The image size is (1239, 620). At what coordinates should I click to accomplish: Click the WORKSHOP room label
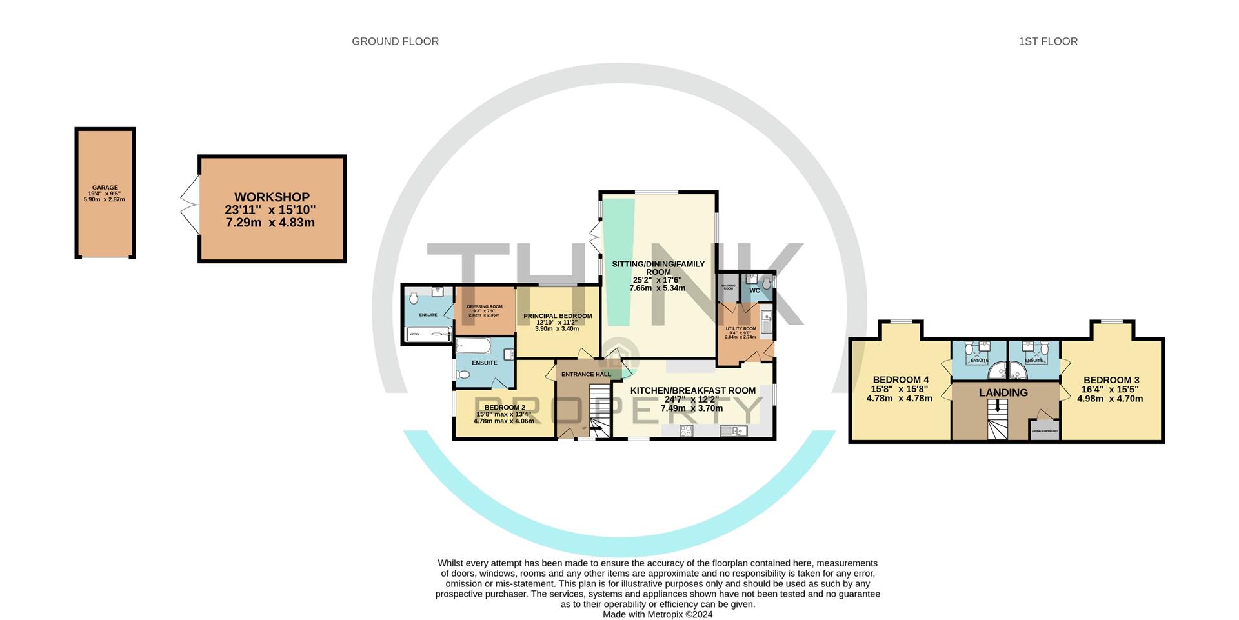click(272, 197)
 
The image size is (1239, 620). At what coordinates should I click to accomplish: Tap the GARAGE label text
click(105, 188)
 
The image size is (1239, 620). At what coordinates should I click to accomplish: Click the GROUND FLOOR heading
click(395, 41)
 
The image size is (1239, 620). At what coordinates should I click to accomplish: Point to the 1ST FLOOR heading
click(1048, 41)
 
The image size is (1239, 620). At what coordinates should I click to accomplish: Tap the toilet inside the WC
click(767, 284)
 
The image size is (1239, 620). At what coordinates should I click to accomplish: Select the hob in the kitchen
click(686, 431)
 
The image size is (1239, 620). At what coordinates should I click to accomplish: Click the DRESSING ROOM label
click(484, 307)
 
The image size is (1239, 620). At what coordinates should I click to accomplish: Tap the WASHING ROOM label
click(728, 286)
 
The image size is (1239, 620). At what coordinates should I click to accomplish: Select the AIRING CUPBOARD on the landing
click(1044, 430)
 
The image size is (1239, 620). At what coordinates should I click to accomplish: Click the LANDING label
click(1003, 393)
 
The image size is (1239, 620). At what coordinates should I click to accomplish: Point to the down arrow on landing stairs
click(998, 406)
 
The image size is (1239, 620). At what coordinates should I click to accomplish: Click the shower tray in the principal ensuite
click(427, 334)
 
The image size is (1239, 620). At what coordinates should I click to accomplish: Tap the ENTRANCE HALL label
click(585, 374)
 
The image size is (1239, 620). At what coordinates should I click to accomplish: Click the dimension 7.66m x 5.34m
click(657, 288)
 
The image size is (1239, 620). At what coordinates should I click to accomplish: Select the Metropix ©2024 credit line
click(658, 615)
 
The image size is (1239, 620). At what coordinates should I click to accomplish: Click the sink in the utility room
click(766, 317)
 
